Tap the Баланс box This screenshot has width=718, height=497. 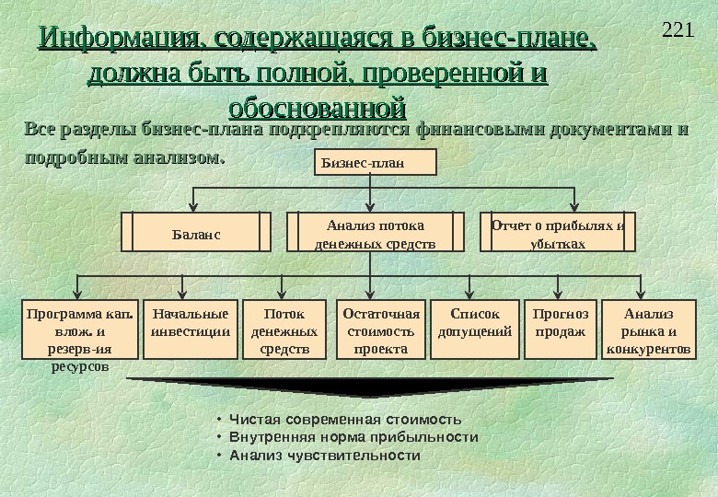point(197,233)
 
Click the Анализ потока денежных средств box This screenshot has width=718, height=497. point(375,234)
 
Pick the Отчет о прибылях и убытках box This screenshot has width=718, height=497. point(558,234)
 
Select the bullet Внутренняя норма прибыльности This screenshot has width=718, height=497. point(353,437)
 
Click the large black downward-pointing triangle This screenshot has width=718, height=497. point(368,386)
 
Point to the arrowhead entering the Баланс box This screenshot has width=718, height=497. point(192,207)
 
